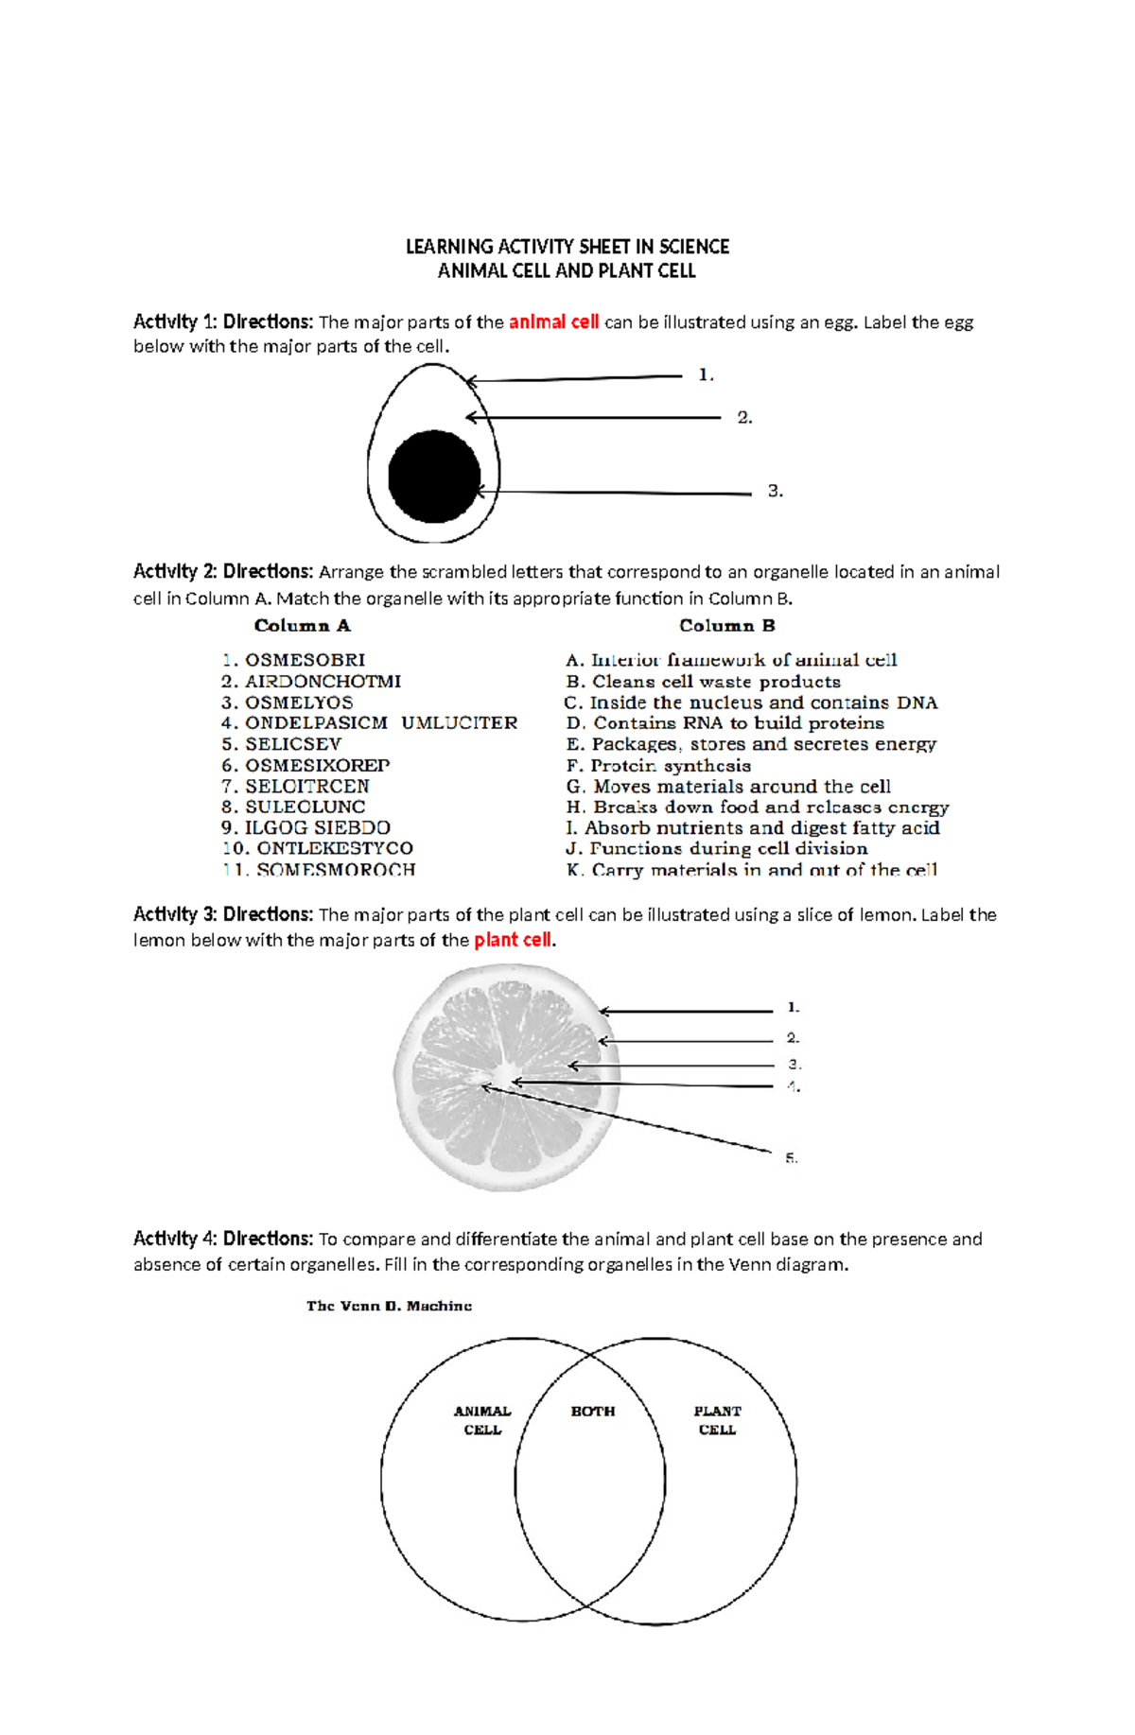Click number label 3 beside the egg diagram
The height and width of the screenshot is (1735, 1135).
point(776,491)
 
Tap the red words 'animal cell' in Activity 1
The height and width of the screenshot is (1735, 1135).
point(553,322)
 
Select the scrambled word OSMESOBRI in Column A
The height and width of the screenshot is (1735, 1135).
point(305,660)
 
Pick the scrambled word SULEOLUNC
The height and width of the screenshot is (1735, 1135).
point(305,807)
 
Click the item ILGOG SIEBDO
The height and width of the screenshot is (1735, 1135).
point(317,828)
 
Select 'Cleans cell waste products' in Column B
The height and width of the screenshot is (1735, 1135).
point(716,682)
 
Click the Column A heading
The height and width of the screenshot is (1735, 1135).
point(303,626)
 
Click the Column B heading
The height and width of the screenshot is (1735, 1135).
point(727,626)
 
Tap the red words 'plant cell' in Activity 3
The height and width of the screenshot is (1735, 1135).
point(513,940)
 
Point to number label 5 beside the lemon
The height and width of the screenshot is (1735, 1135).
point(792,1157)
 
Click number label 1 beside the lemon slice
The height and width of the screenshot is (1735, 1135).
point(794,1008)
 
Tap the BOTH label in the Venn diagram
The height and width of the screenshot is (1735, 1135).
point(593,1411)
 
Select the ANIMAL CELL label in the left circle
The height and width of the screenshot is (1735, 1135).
point(482,1420)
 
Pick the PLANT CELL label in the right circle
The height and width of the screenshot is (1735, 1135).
point(717,1420)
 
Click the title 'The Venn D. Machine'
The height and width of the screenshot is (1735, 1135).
point(389,1306)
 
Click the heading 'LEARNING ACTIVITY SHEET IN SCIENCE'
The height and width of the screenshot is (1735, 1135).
point(567,247)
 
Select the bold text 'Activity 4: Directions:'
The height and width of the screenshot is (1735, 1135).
point(223,1239)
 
